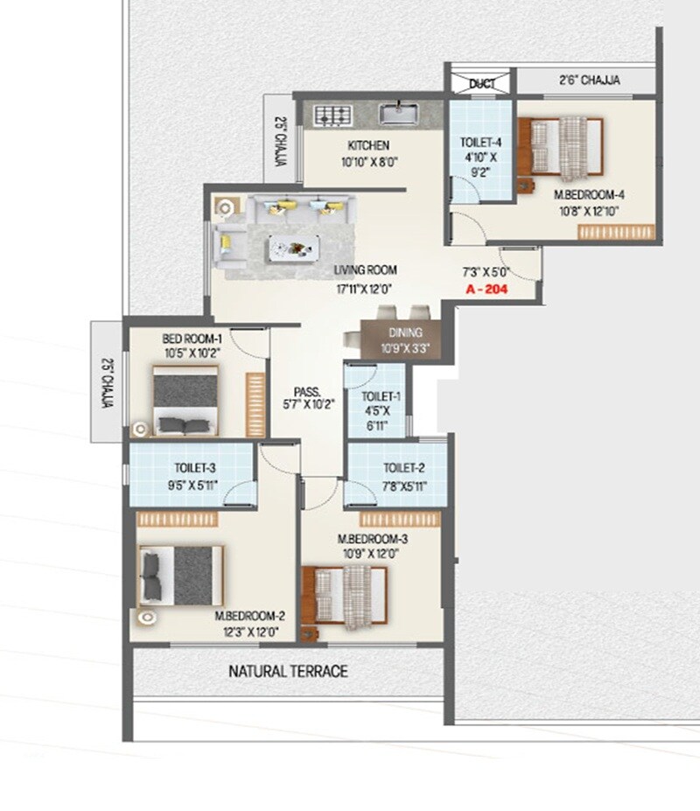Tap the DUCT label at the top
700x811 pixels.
(x=481, y=84)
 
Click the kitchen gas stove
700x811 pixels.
(x=332, y=115)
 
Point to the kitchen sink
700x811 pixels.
(x=400, y=113)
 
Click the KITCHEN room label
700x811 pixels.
(x=367, y=145)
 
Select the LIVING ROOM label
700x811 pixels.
(x=365, y=270)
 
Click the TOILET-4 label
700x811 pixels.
(x=479, y=143)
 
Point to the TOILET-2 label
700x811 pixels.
(x=403, y=468)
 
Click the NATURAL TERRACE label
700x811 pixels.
(x=288, y=672)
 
